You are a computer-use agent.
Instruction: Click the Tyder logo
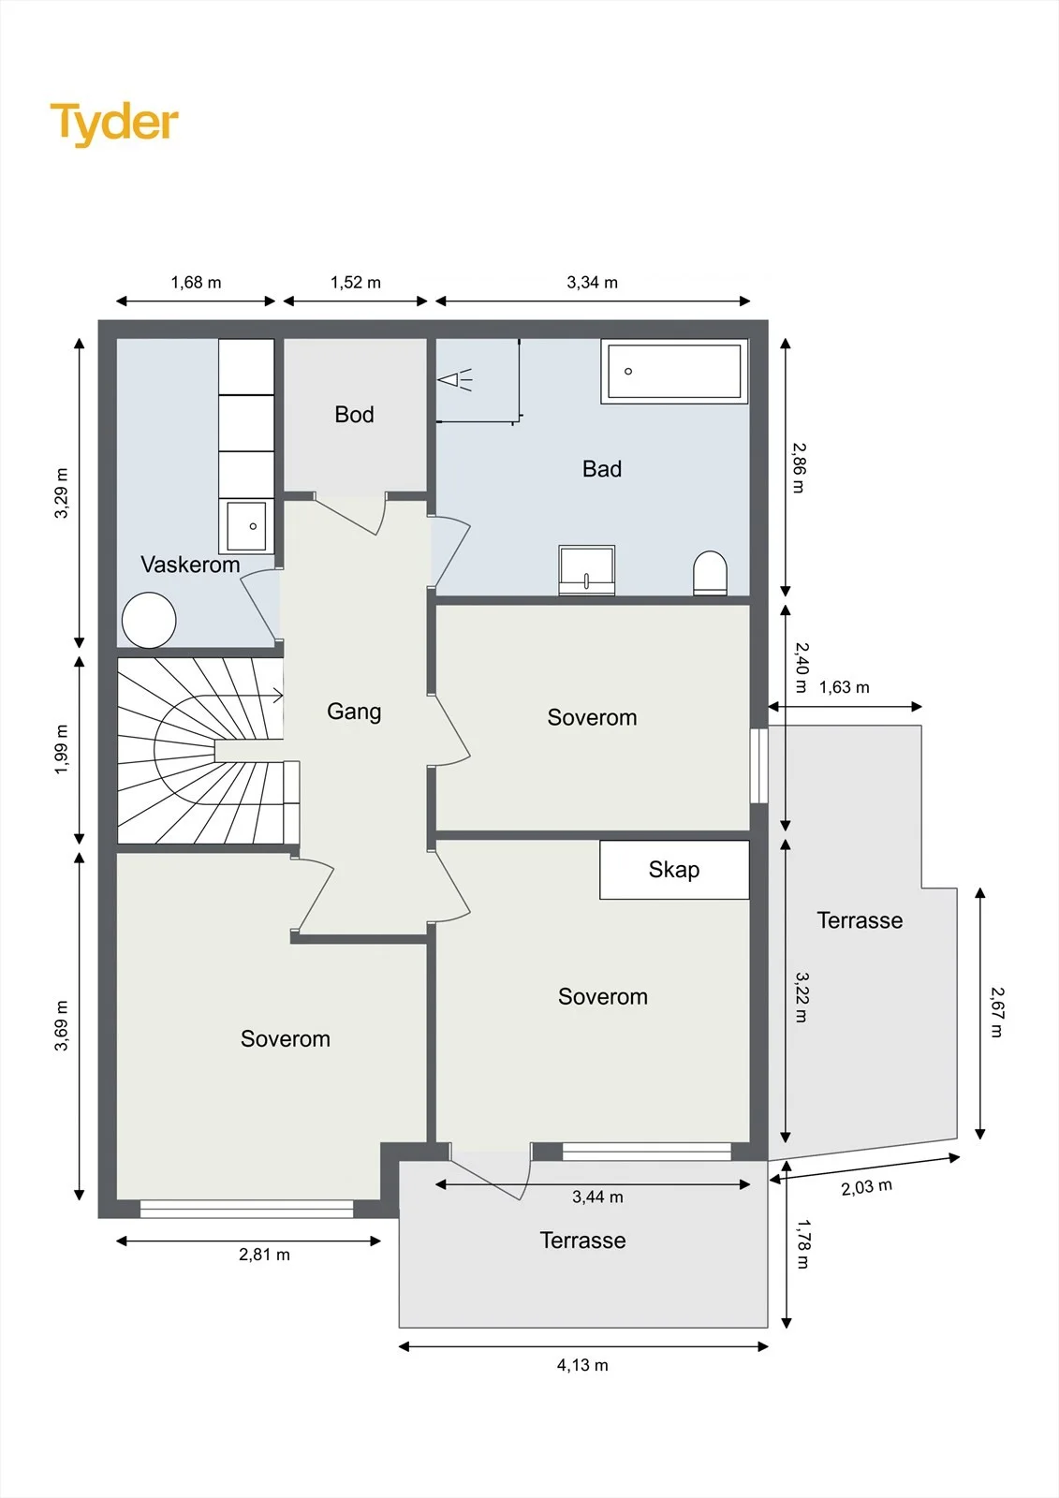(114, 124)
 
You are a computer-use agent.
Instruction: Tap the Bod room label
(354, 415)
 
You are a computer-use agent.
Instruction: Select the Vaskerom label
(190, 565)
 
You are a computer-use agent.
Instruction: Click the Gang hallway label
(354, 712)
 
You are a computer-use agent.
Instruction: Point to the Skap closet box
(673, 870)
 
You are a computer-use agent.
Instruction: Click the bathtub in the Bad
(673, 371)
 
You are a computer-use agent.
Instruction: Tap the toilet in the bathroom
(710, 573)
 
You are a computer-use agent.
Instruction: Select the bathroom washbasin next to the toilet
(587, 570)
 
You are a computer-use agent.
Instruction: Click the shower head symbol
(455, 380)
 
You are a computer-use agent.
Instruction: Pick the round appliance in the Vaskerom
(149, 620)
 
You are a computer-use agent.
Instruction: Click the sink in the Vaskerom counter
(246, 525)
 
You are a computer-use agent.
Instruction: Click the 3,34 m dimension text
(592, 282)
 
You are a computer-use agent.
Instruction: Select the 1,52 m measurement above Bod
(355, 282)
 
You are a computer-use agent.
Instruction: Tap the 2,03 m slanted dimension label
(866, 1187)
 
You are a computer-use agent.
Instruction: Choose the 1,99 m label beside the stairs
(61, 749)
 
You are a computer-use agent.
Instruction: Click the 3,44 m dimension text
(597, 1197)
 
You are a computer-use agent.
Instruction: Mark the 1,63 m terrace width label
(845, 687)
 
